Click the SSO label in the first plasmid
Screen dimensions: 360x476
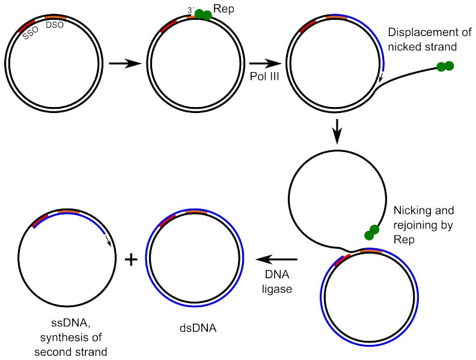31,35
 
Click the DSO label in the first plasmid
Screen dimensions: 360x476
55,25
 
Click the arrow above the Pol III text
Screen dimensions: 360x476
266,63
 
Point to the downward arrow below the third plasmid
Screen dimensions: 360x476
337,131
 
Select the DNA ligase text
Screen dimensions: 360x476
277,282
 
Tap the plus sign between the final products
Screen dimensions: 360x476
130,260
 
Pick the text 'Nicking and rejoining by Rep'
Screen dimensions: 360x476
423,224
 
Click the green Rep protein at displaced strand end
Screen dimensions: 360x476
445,67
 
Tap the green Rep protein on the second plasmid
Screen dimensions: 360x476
203,14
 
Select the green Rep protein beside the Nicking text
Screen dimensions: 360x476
371,233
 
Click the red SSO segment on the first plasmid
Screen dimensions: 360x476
27,26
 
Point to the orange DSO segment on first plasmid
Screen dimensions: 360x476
54,17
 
